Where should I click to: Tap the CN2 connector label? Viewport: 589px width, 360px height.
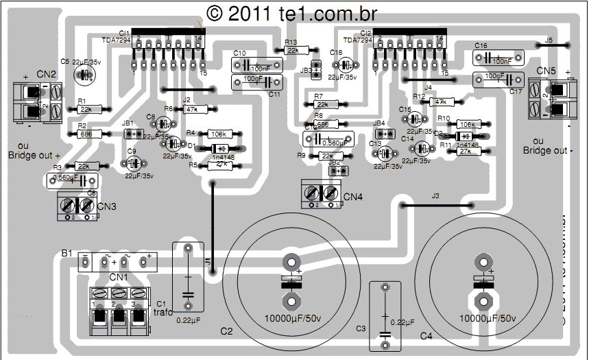(47, 73)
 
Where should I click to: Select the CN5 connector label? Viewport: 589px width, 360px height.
(546, 71)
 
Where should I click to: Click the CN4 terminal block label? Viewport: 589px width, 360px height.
(353, 197)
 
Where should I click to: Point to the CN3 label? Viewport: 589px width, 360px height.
(107, 206)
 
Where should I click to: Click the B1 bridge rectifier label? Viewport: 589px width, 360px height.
(67, 253)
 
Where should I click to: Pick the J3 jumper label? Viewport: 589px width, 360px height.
(435, 196)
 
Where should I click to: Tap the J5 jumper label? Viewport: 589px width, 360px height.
(548, 40)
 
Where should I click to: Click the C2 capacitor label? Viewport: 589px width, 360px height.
(227, 331)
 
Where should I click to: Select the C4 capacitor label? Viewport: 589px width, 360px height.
(426, 336)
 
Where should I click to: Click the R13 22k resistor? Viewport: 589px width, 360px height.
(293, 50)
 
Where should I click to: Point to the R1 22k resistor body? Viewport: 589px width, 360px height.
(86, 109)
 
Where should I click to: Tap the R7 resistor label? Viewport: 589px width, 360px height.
(319, 96)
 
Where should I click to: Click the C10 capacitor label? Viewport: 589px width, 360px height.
(239, 53)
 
